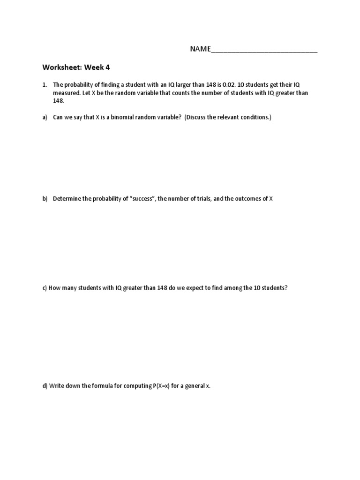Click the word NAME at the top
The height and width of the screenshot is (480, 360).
(200, 49)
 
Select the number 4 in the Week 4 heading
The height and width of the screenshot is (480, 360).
(107, 67)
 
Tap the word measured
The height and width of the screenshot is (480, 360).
(67, 93)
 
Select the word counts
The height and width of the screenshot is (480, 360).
(183, 93)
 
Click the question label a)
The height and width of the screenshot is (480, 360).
(45, 118)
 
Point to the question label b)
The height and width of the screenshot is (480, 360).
(45, 199)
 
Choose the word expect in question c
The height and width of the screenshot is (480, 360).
(188, 288)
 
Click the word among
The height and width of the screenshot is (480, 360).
(232, 288)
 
